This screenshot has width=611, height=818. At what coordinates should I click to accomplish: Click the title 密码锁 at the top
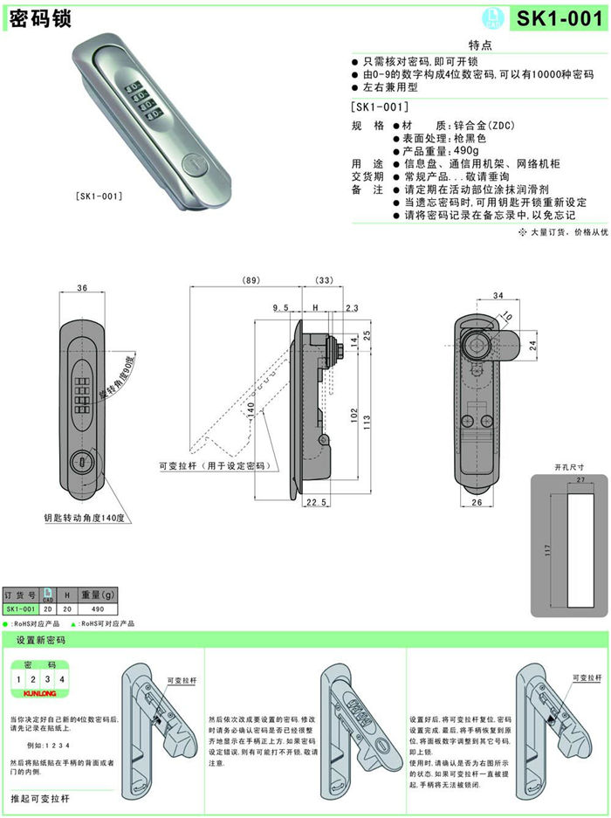(40, 17)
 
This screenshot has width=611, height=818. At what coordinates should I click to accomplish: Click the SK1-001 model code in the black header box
(559, 18)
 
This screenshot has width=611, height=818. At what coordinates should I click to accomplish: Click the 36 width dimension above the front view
(83, 289)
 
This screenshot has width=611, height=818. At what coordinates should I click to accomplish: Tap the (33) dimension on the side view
(322, 280)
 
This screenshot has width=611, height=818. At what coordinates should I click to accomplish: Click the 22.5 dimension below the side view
(317, 502)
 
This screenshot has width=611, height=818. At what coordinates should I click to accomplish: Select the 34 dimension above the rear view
(499, 296)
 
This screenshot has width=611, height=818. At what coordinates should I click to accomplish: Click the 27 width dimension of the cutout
(580, 481)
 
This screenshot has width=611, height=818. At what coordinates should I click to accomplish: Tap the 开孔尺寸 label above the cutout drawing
(568, 466)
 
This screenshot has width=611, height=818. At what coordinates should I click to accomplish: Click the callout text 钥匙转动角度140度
(85, 518)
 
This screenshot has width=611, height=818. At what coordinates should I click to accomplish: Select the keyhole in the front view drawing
(82, 461)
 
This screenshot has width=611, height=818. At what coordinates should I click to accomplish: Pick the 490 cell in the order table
(98, 608)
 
